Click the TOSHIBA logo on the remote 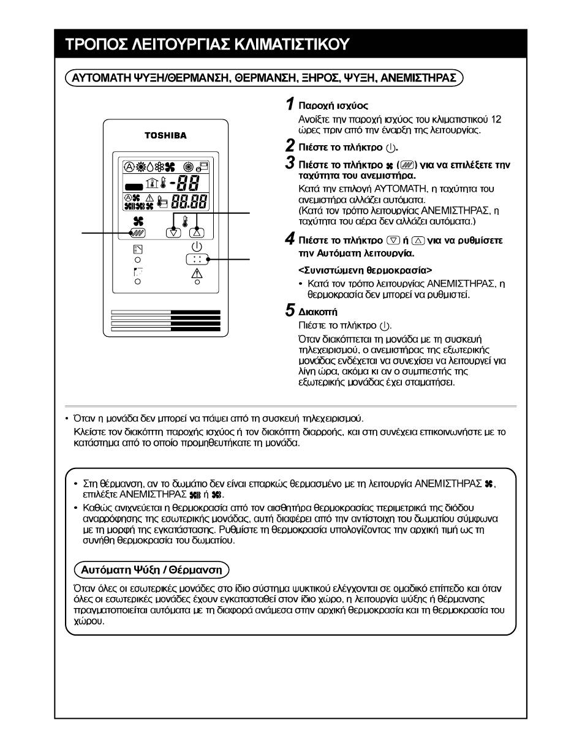[x=165, y=135]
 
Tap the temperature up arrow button [x=197, y=233]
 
